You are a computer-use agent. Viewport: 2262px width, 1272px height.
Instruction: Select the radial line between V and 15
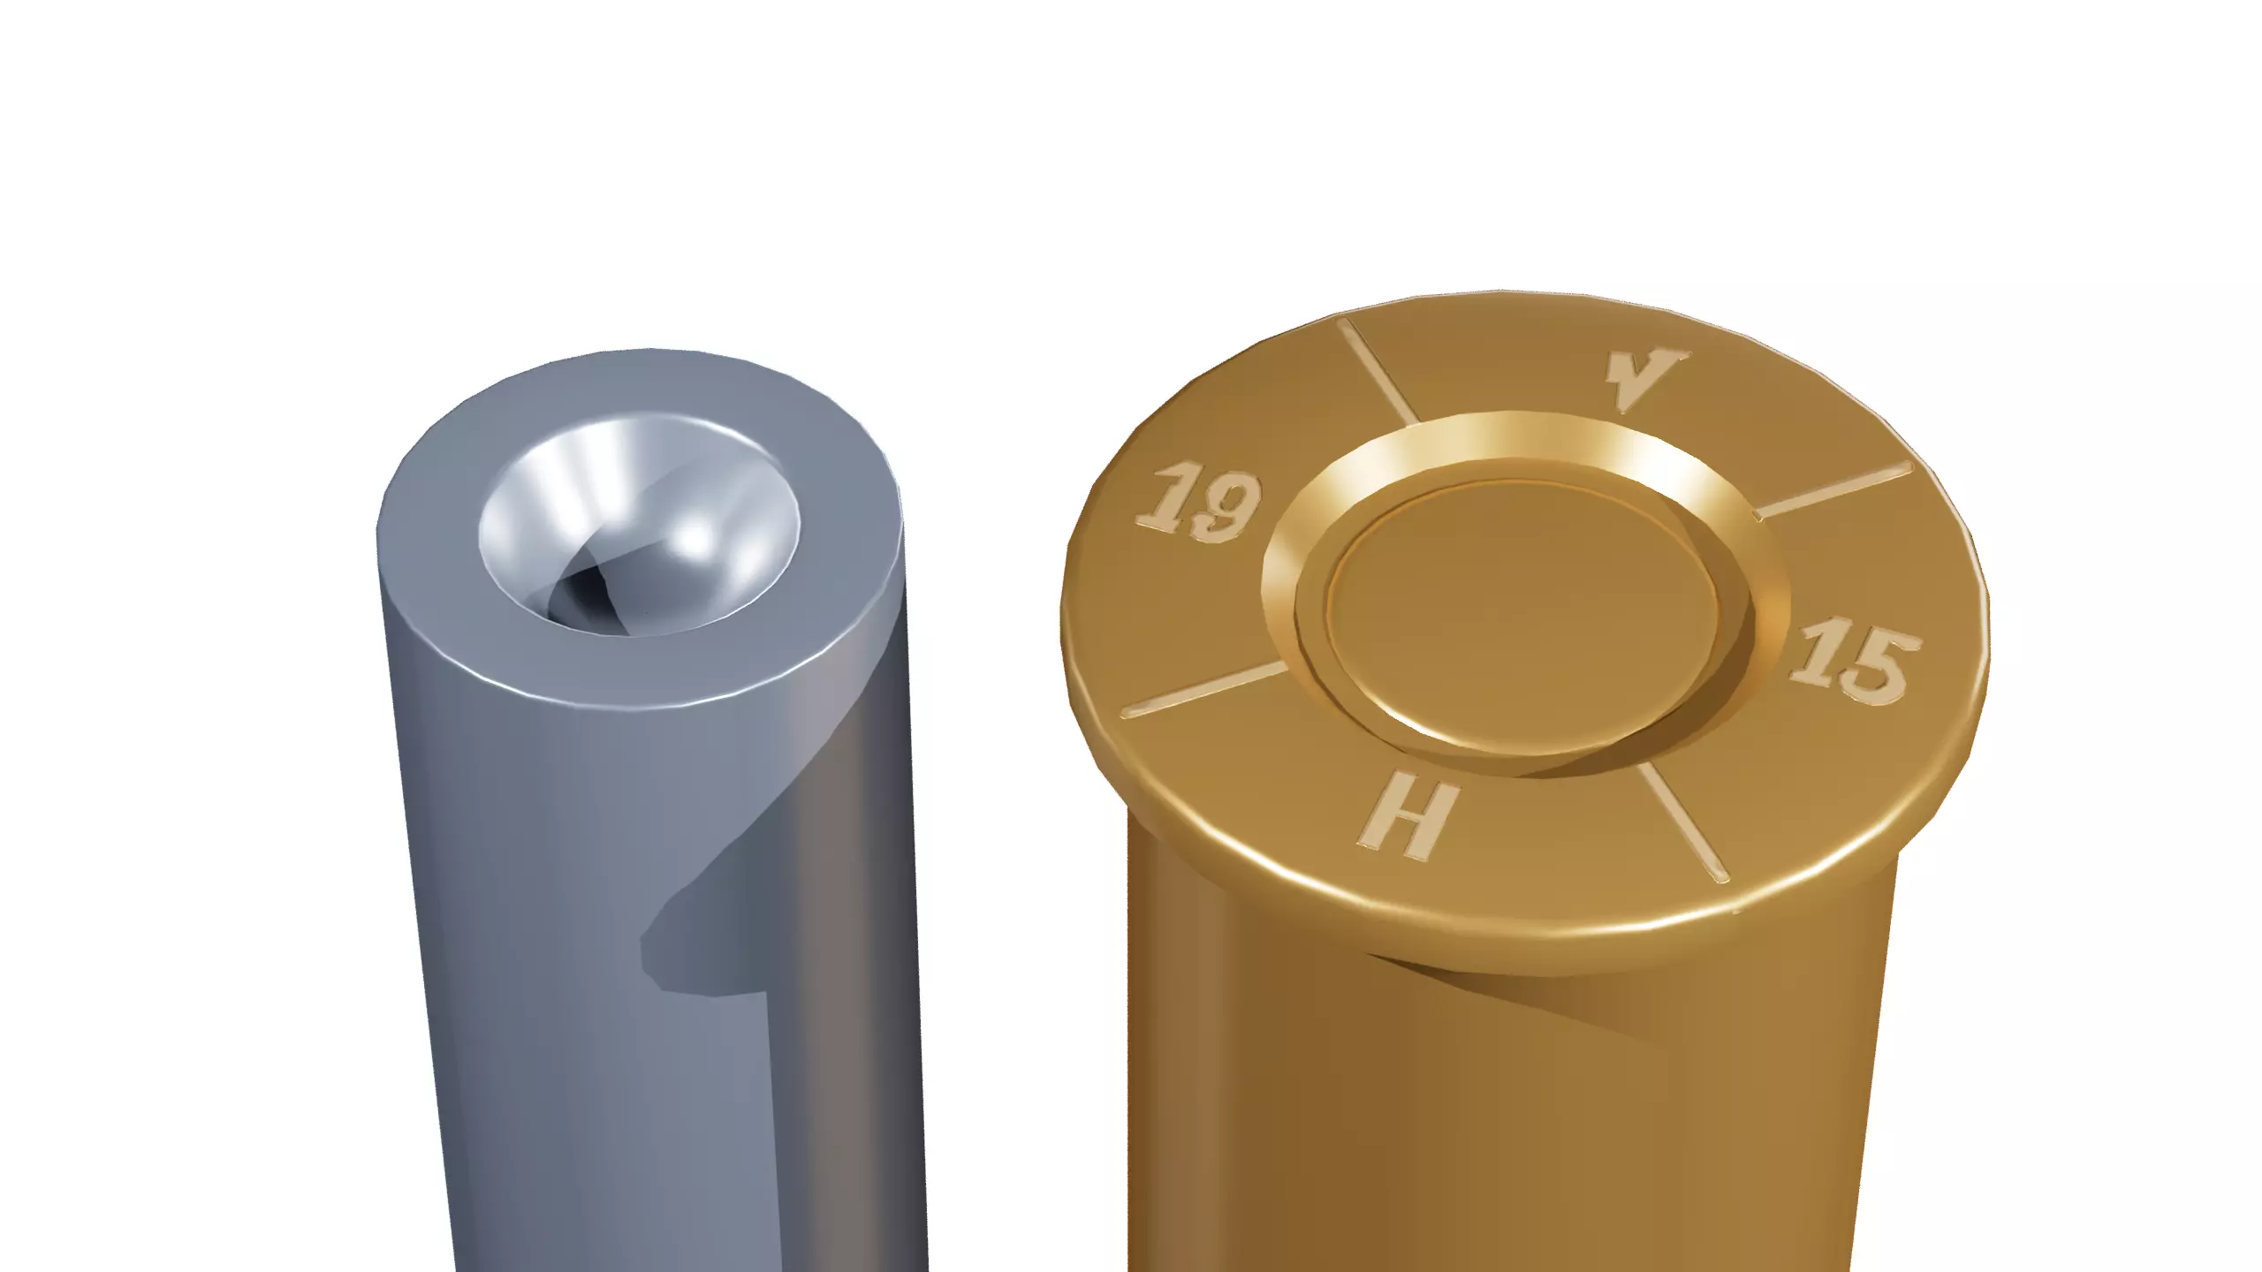(x=1833, y=489)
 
